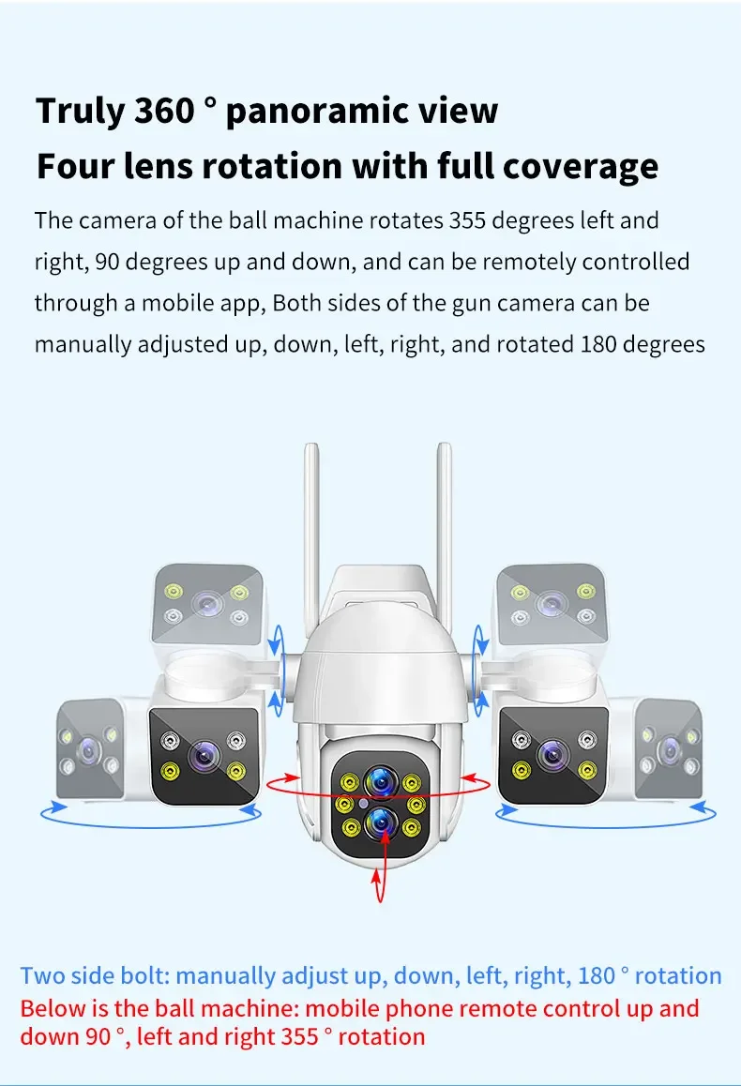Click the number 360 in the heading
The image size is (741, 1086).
pyautogui.click(x=164, y=111)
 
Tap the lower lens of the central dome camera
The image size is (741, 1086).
pyautogui.click(x=380, y=822)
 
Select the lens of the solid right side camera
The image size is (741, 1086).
pyautogui.click(x=552, y=753)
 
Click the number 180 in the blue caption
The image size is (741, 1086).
pyautogui.click(x=596, y=975)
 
